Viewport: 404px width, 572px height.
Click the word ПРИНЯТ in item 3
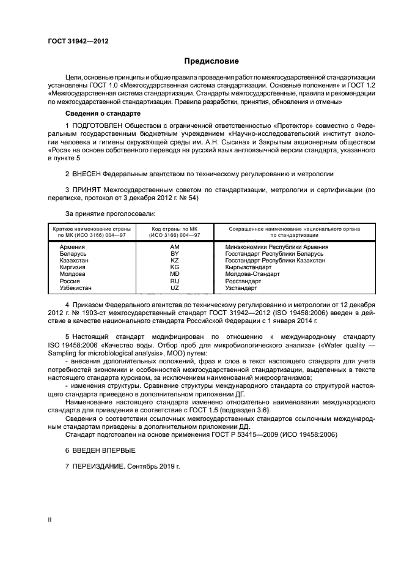coord(87,191)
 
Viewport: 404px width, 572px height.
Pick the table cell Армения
coord(72,247)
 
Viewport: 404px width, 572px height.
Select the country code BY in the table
coord(174,253)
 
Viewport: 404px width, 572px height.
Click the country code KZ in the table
coord(174,260)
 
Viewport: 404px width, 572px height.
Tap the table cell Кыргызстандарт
coord(248,267)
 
